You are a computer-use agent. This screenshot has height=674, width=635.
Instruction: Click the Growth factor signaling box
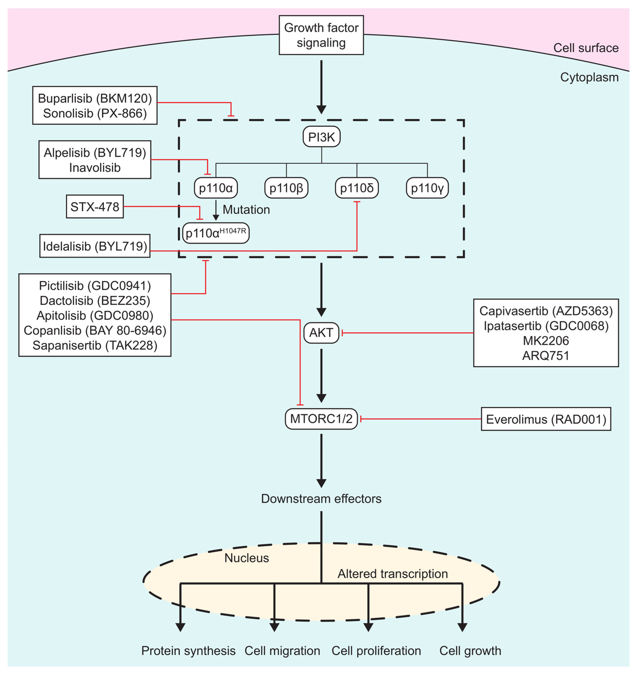[x=321, y=35]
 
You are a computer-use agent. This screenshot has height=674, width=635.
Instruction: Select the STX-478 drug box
[x=95, y=206]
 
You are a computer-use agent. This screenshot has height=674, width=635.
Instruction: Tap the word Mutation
[x=246, y=210]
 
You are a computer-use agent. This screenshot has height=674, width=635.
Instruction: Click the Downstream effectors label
[x=321, y=499]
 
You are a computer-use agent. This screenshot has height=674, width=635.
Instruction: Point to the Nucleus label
[x=247, y=558]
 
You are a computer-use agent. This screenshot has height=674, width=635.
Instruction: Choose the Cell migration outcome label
[x=282, y=651]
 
